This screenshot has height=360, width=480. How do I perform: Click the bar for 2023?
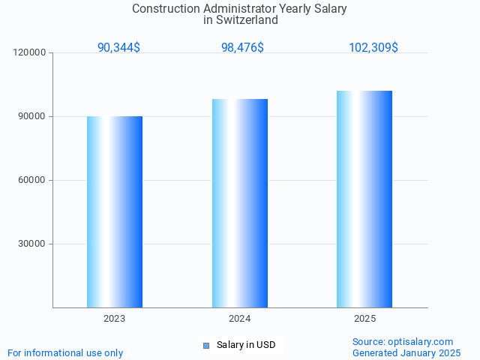coord(115,211)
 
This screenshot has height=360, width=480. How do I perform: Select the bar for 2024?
coord(240,202)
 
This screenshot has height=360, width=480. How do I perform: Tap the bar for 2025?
coord(364,199)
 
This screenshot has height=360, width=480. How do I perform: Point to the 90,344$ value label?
coord(118,47)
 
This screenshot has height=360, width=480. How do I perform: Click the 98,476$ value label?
coord(242,47)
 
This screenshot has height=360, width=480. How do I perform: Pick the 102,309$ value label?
coord(373,47)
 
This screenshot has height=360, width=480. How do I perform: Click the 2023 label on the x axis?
coord(115,319)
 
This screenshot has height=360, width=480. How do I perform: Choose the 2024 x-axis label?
coord(240,319)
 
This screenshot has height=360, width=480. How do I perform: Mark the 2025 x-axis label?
coord(364,319)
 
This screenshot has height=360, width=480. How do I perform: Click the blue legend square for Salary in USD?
coord(206,345)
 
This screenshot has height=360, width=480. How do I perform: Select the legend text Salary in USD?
coord(246,345)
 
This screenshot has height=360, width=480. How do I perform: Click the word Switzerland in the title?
coord(246,20)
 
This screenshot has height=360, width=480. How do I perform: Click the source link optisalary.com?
coord(421,341)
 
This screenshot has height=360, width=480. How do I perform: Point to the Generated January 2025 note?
coord(406,352)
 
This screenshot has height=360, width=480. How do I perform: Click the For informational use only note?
coord(65,352)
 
